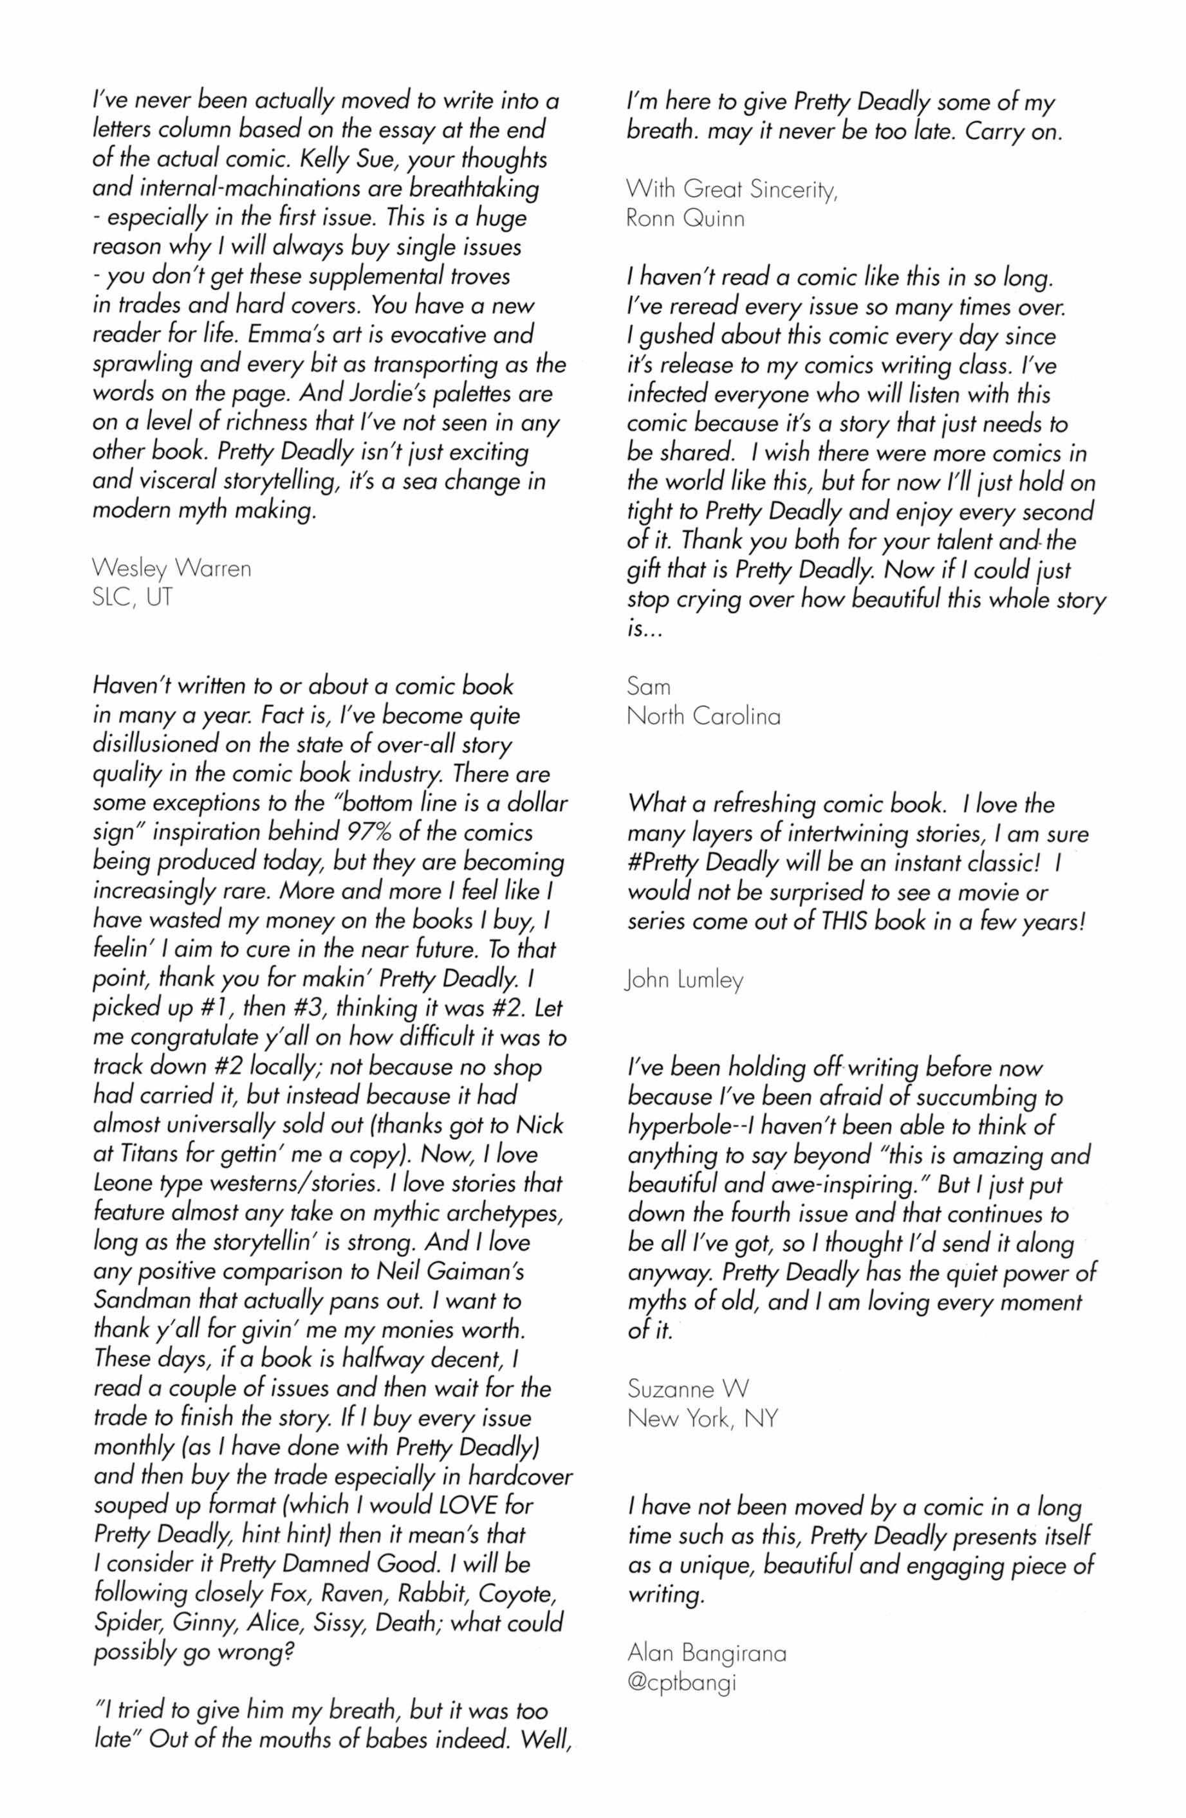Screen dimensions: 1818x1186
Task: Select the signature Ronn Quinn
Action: (685, 219)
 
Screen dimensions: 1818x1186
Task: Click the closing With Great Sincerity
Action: (731, 188)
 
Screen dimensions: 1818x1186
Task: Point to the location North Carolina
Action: (703, 716)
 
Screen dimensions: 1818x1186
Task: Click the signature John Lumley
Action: (683, 979)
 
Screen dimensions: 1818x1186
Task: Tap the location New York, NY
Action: (701, 1418)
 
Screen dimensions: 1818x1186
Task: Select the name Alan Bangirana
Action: (706, 1653)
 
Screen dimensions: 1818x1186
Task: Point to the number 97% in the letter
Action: (370, 832)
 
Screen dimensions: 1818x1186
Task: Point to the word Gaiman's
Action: (469, 1271)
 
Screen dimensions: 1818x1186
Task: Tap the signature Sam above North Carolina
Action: (648, 686)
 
